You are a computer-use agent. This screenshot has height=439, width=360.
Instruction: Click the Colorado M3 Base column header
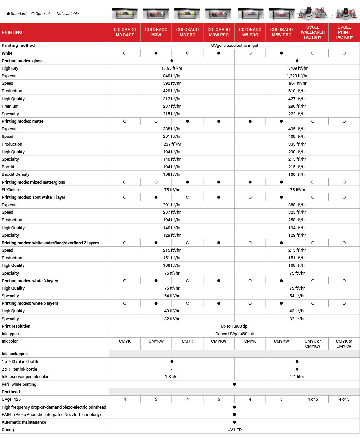point(125,32)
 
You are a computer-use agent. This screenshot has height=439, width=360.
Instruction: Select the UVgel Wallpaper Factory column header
point(313,32)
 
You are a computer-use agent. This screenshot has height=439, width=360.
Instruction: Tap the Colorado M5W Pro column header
point(281,32)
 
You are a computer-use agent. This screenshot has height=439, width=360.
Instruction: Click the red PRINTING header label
point(12,32)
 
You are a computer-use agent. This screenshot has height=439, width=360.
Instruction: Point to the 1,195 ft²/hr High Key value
point(172,68)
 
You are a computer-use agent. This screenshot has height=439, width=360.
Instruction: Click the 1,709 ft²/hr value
point(297,68)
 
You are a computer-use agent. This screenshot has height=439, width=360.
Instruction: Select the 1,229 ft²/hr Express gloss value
point(297,76)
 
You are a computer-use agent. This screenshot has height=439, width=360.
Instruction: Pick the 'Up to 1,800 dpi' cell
point(234,326)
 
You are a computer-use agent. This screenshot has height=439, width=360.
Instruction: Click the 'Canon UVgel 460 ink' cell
point(234,334)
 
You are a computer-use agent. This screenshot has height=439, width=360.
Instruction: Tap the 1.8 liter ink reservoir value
point(172,377)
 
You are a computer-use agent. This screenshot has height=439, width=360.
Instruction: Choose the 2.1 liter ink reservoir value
point(297,377)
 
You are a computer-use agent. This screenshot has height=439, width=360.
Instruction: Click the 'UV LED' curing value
point(234,430)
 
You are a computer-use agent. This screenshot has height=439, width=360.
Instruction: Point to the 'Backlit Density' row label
point(16,174)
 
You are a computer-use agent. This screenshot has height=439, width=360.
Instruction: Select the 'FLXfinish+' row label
point(11,190)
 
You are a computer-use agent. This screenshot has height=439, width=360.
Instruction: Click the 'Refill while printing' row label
point(19,384)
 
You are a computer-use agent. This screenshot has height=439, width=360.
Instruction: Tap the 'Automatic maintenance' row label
point(24,422)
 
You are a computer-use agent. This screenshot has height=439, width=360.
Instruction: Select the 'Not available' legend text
point(67,14)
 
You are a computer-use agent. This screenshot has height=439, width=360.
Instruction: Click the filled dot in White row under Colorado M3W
point(156,53)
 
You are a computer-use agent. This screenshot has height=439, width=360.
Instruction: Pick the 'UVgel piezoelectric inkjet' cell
point(234,46)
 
